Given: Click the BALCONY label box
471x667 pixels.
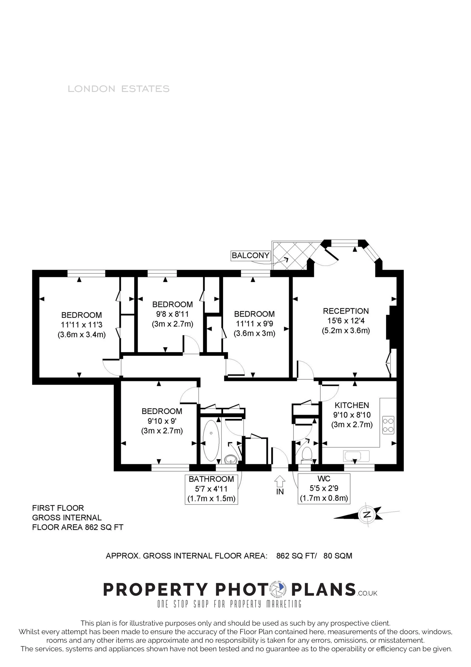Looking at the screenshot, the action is (x=251, y=255).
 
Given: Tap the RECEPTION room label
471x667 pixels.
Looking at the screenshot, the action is (x=346, y=311).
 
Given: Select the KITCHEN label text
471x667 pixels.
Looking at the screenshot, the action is (x=352, y=405).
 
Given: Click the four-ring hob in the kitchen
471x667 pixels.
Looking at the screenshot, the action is (x=388, y=425).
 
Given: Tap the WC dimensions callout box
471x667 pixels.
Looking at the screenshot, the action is (x=324, y=489).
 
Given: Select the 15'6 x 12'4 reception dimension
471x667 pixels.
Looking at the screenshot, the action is (x=346, y=321).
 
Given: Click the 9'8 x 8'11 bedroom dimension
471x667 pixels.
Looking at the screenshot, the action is (x=173, y=314).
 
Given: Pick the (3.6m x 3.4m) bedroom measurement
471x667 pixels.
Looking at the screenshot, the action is (x=82, y=334).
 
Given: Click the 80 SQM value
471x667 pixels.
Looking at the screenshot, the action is (x=338, y=556).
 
